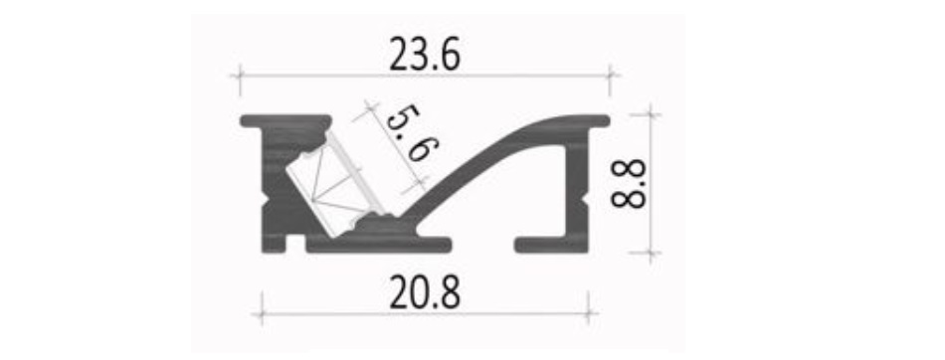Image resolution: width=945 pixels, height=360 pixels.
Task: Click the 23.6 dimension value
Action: click(425, 55)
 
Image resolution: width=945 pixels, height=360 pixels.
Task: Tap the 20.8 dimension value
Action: click(425, 293)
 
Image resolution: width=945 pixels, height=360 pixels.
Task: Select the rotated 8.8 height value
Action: click(628, 183)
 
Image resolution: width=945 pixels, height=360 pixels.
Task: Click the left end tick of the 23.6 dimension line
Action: click(240, 76)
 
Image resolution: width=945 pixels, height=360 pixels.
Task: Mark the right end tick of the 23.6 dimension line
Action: click(610, 76)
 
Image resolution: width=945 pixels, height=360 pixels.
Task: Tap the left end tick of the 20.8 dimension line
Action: click(261, 313)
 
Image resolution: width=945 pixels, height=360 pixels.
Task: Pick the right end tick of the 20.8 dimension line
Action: click(588, 313)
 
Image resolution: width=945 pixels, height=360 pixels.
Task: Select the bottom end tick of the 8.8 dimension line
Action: click(651, 253)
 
